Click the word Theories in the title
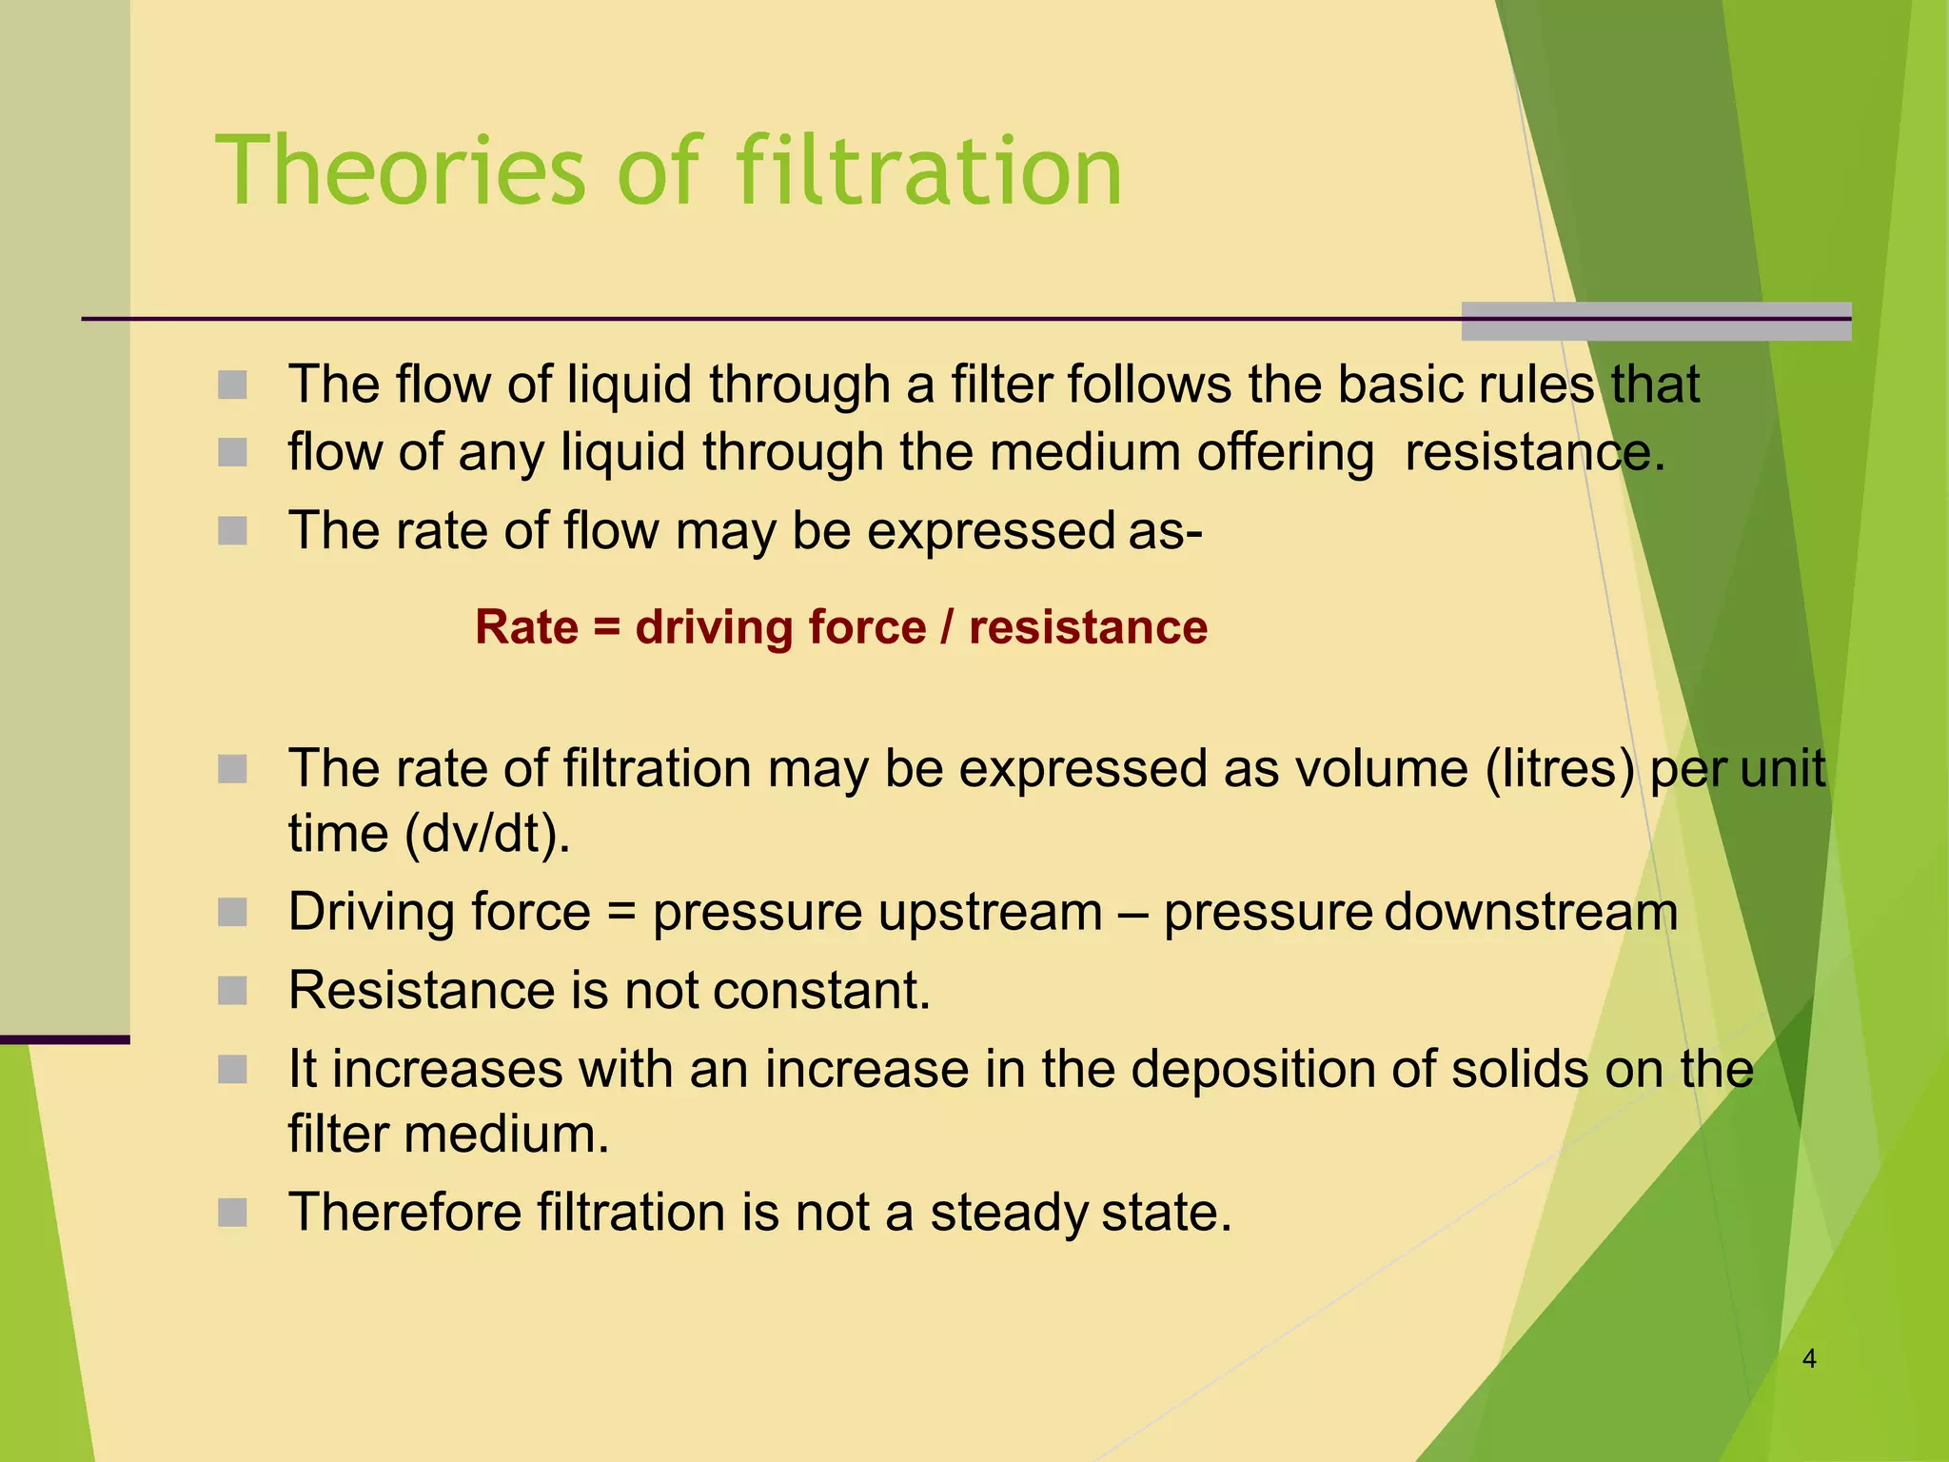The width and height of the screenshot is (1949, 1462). (401, 171)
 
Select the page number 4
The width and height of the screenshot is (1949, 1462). (1809, 1358)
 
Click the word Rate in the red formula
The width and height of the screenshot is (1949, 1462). (526, 628)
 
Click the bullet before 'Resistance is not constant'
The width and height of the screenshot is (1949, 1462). (232, 991)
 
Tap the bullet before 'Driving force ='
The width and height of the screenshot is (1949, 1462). (232, 913)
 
